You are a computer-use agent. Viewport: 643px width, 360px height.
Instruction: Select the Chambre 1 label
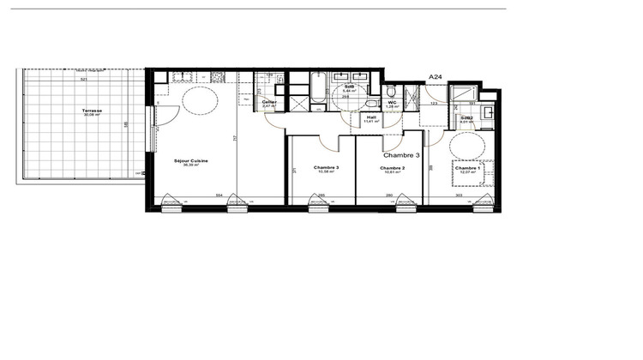[467, 169]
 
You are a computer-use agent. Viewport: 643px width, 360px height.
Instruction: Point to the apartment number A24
[435, 77]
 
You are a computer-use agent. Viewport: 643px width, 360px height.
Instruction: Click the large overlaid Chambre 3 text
[400, 156]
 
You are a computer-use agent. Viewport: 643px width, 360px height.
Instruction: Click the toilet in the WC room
[391, 91]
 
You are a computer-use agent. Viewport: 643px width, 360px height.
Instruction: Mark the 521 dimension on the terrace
[84, 79]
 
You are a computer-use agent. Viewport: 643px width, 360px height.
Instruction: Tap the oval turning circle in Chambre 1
[467, 147]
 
